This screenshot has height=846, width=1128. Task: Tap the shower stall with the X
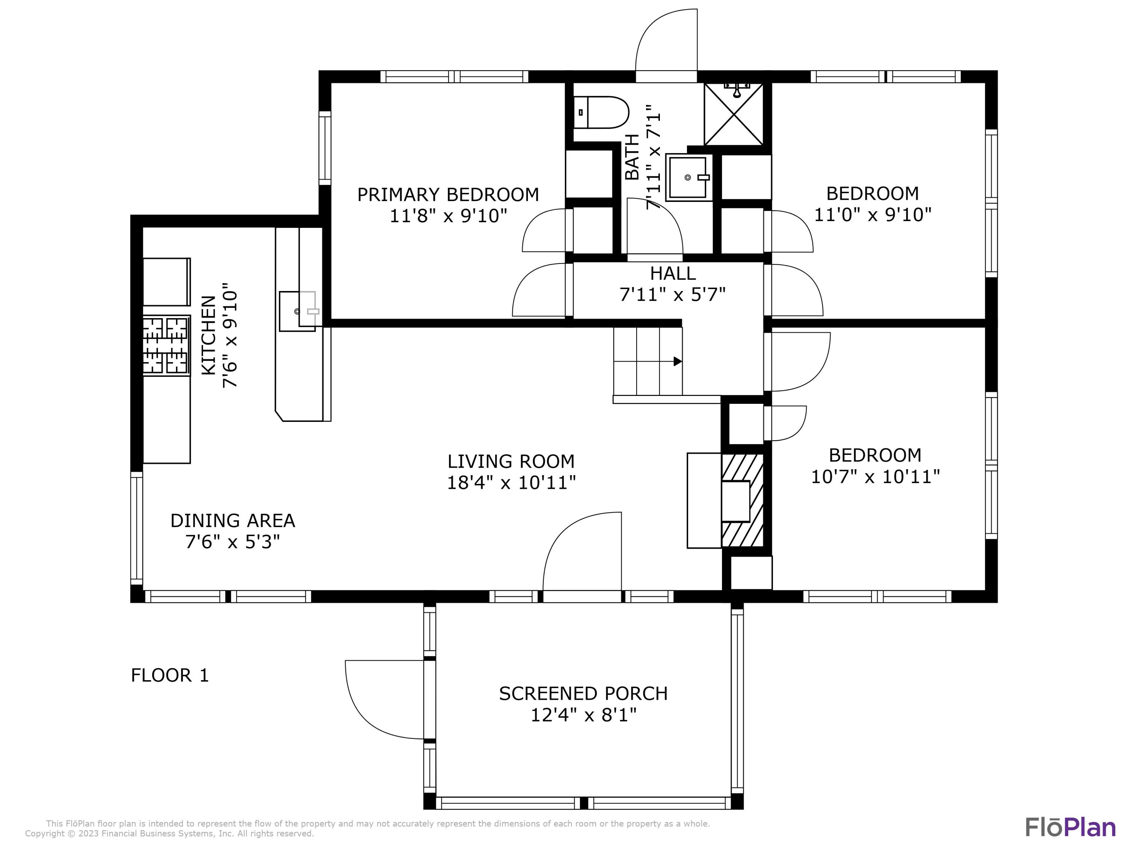point(733,114)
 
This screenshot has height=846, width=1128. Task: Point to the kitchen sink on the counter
point(298,311)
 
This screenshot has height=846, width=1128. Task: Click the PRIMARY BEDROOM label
point(448,195)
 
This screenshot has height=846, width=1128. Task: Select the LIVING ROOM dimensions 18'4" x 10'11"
point(511,482)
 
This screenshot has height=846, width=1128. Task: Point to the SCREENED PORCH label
point(584,693)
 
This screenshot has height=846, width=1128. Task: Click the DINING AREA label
point(232,521)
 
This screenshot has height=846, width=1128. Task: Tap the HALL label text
point(673,273)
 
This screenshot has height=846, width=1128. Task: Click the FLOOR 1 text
point(170,675)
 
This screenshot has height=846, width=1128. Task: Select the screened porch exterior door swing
point(385,700)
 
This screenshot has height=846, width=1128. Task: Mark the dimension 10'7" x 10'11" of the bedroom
point(875,477)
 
